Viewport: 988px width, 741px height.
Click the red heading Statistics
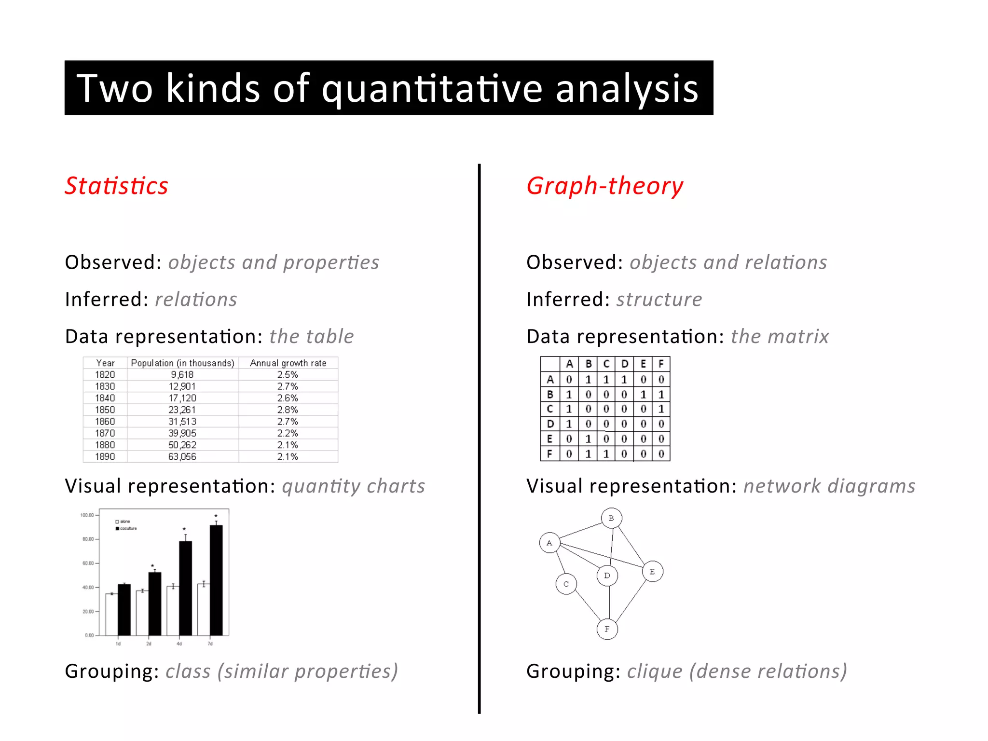click(x=116, y=186)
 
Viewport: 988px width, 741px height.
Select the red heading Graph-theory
click(x=604, y=186)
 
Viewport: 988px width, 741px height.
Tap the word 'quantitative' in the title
click(x=432, y=88)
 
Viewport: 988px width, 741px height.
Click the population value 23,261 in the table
click(x=182, y=410)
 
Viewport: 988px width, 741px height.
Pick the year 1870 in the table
click(x=105, y=433)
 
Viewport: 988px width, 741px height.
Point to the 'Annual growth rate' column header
click(x=288, y=363)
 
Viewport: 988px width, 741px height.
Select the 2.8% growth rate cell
click(x=288, y=410)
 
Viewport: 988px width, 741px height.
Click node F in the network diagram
click(x=607, y=629)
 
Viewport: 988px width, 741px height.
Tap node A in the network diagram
click(x=549, y=543)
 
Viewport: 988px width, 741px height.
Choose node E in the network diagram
click(x=652, y=572)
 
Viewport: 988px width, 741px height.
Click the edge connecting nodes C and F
click(x=587, y=606)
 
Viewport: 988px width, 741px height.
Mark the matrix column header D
click(x=624, y=364)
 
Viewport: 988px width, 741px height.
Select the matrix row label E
click(x=549, y=439)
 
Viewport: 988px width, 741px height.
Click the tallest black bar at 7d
click(x=216, y=579)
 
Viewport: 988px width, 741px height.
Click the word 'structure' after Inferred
click(x=659, y=300)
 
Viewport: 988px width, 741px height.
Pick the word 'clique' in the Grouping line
click(x=655, y=671)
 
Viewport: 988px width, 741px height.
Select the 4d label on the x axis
click(x=179, y=644)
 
